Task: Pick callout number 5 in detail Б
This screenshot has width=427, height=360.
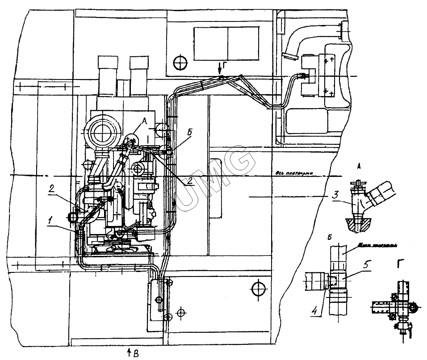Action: (366, 264)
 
